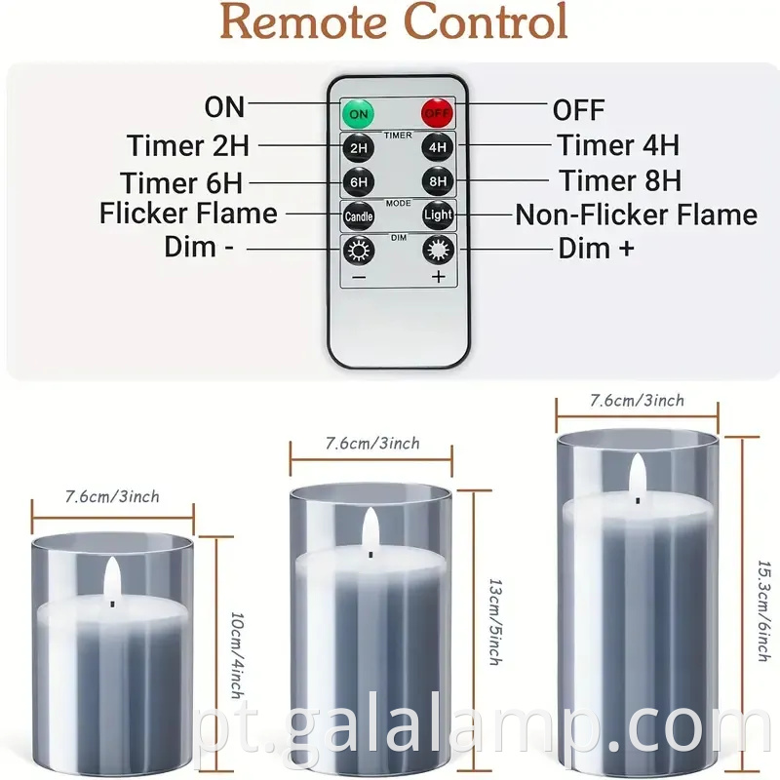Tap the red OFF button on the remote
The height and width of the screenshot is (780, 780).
click(x=437, y=113)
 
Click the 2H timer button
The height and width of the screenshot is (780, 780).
click(x=359, y=148)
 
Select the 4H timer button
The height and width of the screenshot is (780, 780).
click(x=437, y=147)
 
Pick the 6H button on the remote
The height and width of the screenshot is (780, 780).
click(x=359, y=182)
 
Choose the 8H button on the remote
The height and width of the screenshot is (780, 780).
click(x=438, y=181)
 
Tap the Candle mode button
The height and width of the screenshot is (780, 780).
click(x=359, y=215)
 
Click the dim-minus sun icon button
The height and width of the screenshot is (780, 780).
click(x=359, y=251)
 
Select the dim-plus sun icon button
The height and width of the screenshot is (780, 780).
click(x=438, y=250)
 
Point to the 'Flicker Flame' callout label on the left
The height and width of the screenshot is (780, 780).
click(x=188, y=214)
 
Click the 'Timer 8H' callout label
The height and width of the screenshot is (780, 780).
click(x=620, y=180)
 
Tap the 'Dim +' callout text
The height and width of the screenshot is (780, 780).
click(x=596, y=249)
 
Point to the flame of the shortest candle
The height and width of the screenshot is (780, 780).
click(x=112, y=578)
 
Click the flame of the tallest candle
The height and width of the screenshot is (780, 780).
click(x=638, y=475)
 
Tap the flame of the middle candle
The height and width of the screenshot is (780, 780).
click(x=370, y=528)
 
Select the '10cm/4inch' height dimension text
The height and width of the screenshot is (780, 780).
click(x=238, y=655)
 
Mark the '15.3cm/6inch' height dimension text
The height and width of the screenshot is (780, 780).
click(x=764, y=611)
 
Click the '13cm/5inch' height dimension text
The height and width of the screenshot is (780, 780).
click(x=496, y=622)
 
